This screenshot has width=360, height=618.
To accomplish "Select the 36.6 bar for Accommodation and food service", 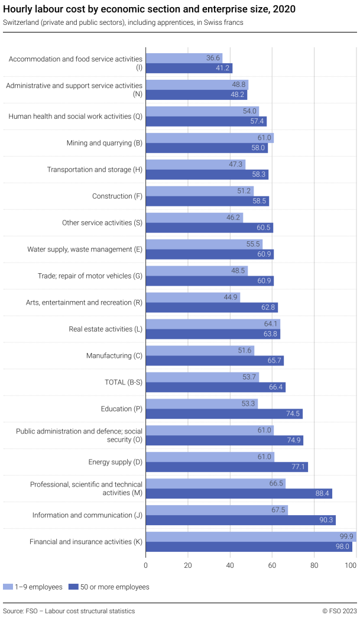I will [x=184, y=58].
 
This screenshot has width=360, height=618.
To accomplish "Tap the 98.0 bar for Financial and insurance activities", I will [x=249, y=547].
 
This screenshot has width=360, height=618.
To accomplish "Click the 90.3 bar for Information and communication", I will [x=241, y=520].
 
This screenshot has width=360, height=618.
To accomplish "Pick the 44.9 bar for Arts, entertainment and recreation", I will [x=193, y=297].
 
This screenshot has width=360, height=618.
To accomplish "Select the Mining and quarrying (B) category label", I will [x=104, y=143].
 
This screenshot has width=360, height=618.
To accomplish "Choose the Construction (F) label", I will [x=117, y=196].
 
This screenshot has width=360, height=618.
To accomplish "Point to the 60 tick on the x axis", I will [x=272, y=565].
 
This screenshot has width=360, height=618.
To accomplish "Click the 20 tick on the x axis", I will [x=188, y=565].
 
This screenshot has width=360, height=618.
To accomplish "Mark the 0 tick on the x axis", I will [x=146, y=565].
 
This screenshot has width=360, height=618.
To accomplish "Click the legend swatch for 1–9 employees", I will [x=8, y=587].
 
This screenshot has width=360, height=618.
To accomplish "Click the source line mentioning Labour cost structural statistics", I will [x=69, y=611].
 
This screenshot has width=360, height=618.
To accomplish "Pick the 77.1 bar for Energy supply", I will [x=226, y=467].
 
